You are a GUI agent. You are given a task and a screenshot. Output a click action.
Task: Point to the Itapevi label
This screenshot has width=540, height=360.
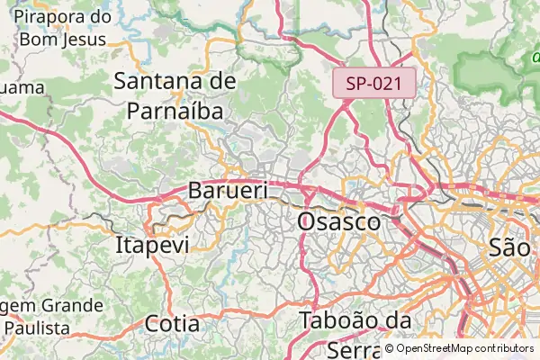point(152,245)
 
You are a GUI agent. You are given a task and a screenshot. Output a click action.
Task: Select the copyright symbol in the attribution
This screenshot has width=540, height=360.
point(389,348)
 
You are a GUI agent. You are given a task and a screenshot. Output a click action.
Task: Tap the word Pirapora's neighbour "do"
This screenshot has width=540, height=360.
point(99,17)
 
